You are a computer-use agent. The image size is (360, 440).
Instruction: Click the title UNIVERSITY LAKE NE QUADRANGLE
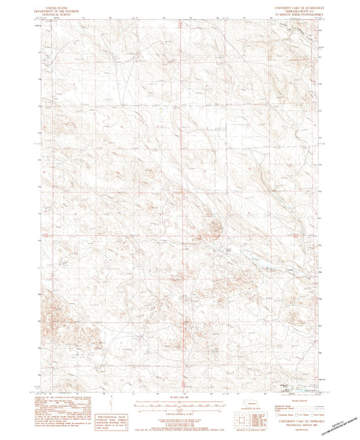(295, 3)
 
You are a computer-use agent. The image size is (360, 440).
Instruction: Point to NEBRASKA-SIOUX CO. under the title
(295, 7)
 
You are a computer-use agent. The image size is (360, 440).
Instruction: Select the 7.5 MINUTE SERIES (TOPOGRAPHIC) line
(295, 10)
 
